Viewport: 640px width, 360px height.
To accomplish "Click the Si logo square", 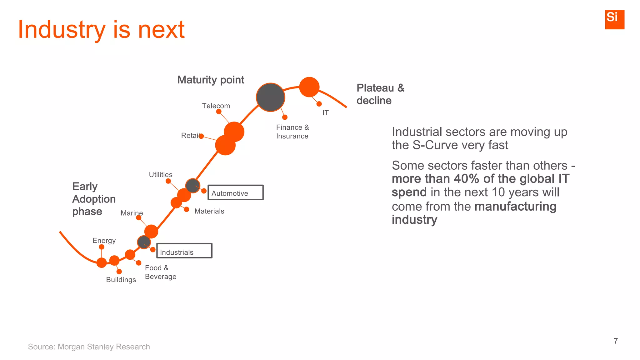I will coord(614,19).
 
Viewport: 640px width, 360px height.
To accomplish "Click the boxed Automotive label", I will coord(235,192).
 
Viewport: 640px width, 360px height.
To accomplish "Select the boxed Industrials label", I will coord(184,251).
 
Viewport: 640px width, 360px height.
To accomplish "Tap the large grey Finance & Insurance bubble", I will coord(270,97).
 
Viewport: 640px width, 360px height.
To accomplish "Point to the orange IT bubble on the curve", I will coord(309,87).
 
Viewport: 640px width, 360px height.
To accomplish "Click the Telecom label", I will coord(216,106).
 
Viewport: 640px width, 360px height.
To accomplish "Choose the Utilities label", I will coord(160,175).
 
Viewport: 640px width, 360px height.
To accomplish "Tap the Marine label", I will coord(132,213).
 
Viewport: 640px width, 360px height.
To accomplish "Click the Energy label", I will coord(104,241).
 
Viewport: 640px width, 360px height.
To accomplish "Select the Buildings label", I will coord(121,280).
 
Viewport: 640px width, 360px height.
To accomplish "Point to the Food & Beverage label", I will coord(160,272).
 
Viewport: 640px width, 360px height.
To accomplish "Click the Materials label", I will coord(209,211).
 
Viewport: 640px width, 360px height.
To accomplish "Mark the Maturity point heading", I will coord(211,80).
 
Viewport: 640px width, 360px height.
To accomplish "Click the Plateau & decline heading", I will coord(380,94).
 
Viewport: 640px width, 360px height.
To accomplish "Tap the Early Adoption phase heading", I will coord(94,199).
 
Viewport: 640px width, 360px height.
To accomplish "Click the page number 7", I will coord(615,341).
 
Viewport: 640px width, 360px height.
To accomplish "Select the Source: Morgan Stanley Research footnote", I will coord(89,347).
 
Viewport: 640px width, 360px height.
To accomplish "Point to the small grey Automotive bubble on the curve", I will coord(192,186).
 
